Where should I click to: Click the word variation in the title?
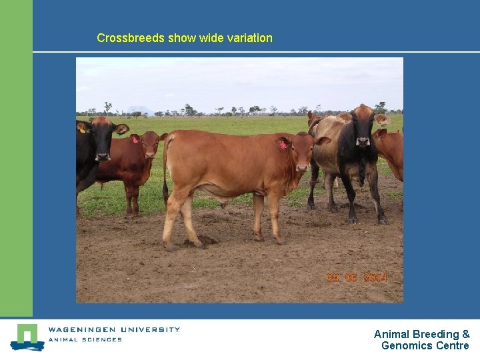point(248,38)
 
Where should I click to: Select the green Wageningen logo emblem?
point(27,337)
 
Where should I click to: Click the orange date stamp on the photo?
point(356,277)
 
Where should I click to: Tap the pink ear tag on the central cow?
point(283,145)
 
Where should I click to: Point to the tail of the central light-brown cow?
point(165,167)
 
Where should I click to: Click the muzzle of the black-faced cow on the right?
point(363,141)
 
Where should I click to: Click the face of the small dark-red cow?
point(151,148)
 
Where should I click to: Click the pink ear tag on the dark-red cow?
point(135,140)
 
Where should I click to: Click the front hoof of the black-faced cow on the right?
point(352,219)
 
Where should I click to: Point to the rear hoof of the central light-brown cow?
point(171,247)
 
